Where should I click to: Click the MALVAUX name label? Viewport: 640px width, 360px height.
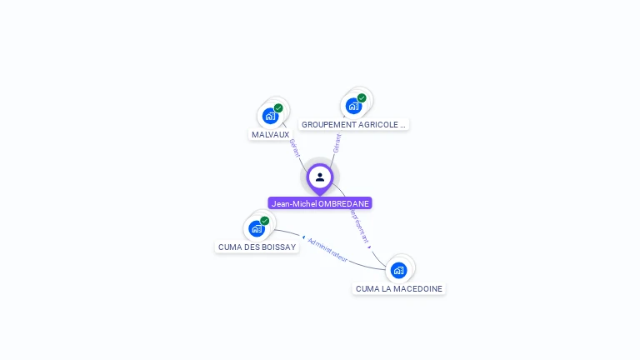pos(270,134)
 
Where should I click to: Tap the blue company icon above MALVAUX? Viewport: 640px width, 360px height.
pos(270,116)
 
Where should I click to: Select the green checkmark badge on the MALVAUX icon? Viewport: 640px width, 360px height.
pos(278,108)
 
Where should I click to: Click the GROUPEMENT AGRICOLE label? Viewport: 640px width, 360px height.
pos(354,124)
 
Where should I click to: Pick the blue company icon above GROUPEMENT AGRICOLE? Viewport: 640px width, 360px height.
pos(353,106)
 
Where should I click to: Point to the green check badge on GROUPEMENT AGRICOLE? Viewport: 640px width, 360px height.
pos(362,98)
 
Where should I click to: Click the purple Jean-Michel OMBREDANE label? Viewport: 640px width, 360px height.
pos(320,203)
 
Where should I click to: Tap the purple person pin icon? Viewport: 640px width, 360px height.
pos(320,177)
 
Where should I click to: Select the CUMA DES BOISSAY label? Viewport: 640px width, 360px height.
pos(257,247)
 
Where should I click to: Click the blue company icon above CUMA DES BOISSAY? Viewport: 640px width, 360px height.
pos(257,228)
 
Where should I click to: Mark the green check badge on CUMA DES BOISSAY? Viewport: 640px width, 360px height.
pos(265,221)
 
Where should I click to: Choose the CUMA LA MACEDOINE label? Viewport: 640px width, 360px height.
pos(398,288)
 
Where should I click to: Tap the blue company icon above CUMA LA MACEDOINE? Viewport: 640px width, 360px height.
pos(398,270)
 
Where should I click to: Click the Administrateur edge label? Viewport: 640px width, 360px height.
pos(327,249)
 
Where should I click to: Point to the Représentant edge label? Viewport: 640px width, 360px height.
pos(358,225)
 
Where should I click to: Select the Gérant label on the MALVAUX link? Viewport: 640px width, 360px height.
pos(294,147)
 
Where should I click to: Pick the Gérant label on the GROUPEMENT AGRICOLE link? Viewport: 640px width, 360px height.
pos(337,142)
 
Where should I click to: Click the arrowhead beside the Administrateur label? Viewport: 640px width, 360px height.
pos(303,237)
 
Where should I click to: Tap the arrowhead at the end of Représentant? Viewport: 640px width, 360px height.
pos(369,247)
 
